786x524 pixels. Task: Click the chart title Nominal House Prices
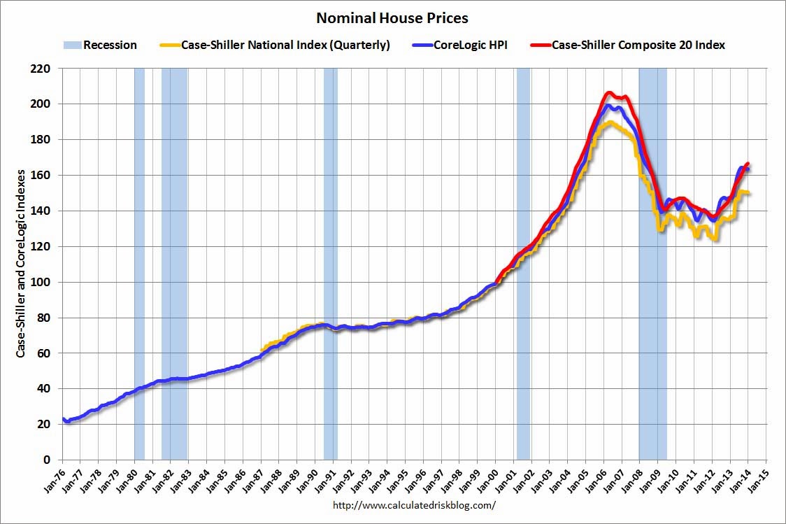point(392,17)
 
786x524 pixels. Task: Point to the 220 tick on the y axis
point(43,69)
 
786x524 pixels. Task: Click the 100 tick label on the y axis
point(43,282)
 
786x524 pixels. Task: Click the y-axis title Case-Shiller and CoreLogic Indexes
point(21,262)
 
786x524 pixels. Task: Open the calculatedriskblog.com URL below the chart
point(414,504)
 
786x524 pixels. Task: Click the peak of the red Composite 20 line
point(608,92)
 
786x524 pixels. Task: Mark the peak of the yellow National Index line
point(610,122)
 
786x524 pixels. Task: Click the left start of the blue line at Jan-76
point(64,418)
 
